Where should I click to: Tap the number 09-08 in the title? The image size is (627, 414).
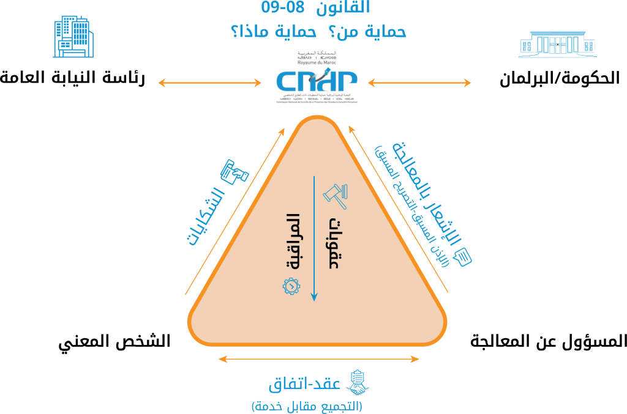tap(282, 8)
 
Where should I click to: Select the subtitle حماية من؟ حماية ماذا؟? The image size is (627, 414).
tap(318, 31)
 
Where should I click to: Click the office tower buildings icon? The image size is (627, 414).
tap(73, 37)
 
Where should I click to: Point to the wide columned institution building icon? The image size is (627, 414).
tap(557, 44)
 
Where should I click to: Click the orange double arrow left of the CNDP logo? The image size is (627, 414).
tap(209, 83)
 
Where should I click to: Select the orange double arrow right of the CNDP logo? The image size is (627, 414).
tap(419, 83)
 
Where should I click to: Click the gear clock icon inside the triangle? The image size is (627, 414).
tap(291, 285)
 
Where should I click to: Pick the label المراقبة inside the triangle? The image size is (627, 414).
tap(293, 242)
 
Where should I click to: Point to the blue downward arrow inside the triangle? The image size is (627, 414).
tap(314, 238)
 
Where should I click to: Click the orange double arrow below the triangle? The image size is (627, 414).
tap(318, 359)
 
